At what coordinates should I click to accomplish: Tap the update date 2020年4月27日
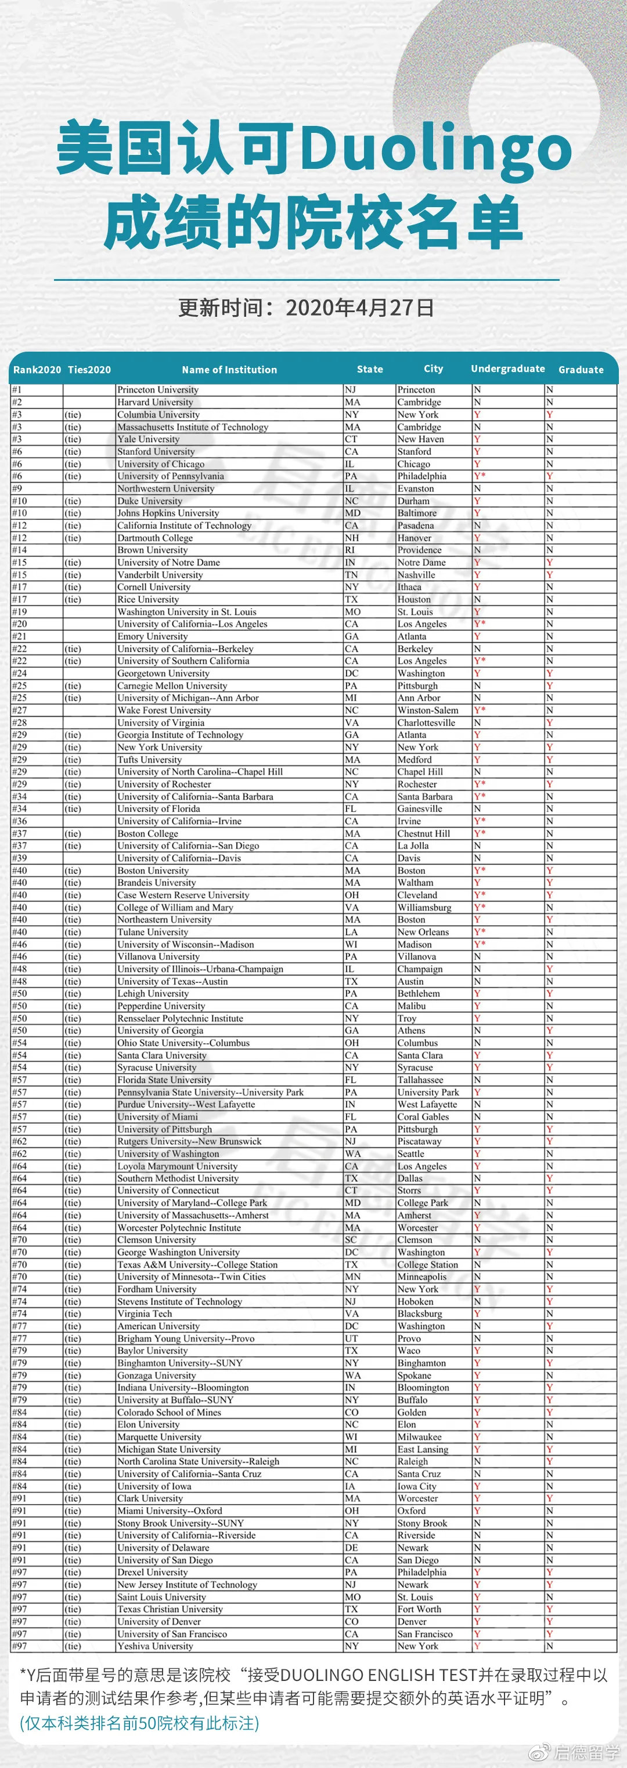[x=359, y=308]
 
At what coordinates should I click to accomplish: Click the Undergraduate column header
[x=507, y=369]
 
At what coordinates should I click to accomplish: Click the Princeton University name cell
[x=158, y=390]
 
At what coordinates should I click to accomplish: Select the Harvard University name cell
[x=155, y=402]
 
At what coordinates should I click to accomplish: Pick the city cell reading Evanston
[x=416, y=489]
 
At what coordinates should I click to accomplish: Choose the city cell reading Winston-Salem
[x=428, y=710]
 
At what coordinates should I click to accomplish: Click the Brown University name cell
[x=153, y=549]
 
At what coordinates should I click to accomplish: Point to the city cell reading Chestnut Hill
[x=424, y=833]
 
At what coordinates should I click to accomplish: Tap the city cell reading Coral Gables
[x=423, y=1116]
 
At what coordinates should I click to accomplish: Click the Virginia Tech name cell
[x=145, y=1314]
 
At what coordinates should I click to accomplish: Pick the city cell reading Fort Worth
[x=420, y=1609]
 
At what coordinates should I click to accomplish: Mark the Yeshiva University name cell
[x=155, y=1646]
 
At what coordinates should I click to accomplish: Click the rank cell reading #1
[x=17, y=390]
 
